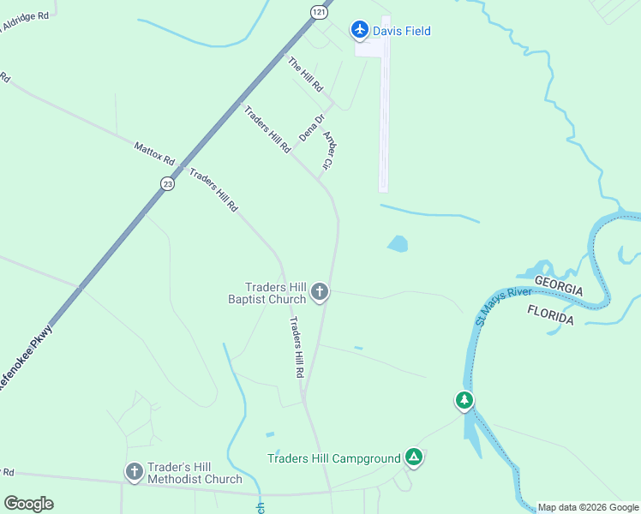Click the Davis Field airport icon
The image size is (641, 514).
[x=360, y=31]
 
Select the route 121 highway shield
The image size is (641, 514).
[x=319, y=12]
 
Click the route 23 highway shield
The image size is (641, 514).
[x=167, y=183]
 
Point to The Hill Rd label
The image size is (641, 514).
[x=305, y=75]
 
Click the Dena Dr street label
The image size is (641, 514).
[x=312, y=128]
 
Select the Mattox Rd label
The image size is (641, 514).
[x=154, y=154]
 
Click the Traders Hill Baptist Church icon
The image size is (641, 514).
[x=320, y=293]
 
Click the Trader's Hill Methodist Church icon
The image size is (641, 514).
[x=134, y=472]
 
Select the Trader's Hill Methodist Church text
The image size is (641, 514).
[x=195, y=473]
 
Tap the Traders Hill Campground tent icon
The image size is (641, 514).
[x=414, y=457]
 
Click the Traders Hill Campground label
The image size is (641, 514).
[x=334, y=458]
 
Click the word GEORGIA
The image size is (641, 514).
[x=559, y=285]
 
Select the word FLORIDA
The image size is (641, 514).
[x=550, y=313]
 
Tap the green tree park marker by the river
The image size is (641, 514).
[x=464, y=400]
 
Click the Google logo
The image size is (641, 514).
[x=28, y=504]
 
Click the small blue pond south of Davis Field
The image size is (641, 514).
[x=398, y=244]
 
